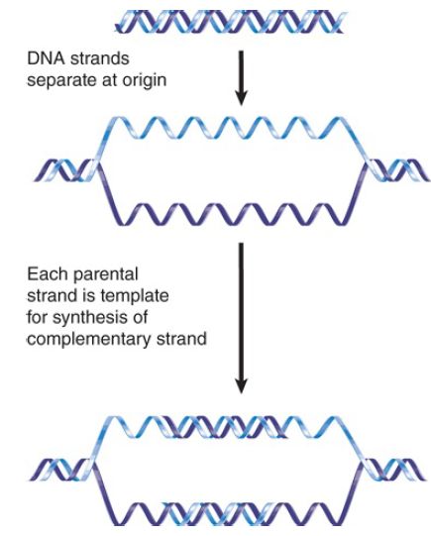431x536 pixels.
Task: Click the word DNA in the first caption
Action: [46, 58]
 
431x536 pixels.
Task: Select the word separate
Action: [61, 81]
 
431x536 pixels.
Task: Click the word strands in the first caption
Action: [99, 58]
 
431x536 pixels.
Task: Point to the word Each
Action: [48, 274]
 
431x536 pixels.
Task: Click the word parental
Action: [105, 275]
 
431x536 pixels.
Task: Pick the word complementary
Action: [88, 340]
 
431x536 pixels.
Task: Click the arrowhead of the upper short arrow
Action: [242, 98]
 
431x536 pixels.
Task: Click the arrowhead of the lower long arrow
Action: [242, 385]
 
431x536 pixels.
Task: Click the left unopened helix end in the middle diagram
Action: [65, 170]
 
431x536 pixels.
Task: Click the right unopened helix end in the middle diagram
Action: [397, 170]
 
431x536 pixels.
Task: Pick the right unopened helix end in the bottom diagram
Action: [393, 470]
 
